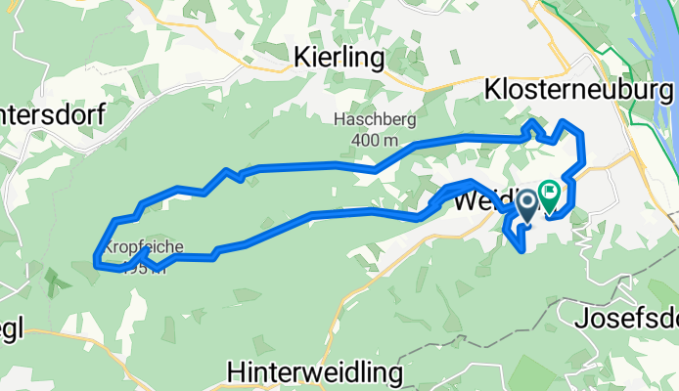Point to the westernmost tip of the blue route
[94, 260]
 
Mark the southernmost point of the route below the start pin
[525, 250]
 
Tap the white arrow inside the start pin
[527, 202]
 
